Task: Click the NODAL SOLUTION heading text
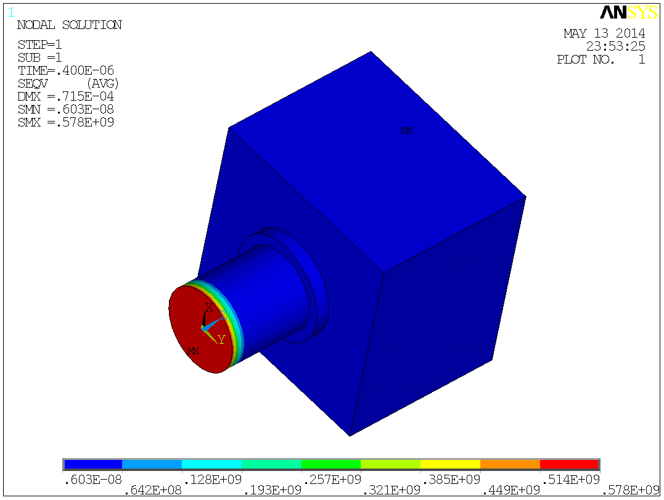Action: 69,25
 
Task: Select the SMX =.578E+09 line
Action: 65,122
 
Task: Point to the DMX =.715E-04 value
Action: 65,96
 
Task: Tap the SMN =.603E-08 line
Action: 65,109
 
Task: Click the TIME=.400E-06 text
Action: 65,70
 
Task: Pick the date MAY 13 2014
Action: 604,33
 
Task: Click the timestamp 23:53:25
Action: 615,46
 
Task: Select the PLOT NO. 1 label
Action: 600,60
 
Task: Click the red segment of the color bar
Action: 569,464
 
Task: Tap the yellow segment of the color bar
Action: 450,464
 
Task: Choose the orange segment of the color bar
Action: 510,464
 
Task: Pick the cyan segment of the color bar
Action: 211,464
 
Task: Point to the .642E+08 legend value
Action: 152,490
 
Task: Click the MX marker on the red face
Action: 194,351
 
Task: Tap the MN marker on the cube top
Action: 406,130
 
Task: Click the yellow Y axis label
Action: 221,340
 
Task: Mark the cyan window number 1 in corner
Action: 11,11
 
